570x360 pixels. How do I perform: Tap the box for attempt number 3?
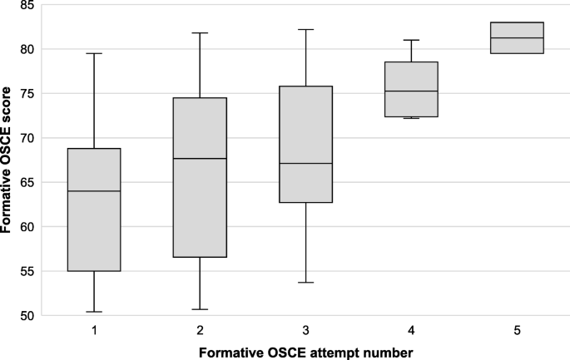click(x=305, y=144)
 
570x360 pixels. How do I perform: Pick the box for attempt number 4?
click(x=411, y=89)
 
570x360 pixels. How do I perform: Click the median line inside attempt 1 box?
click(x=94, y=191)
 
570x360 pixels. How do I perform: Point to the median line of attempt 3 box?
click(x=305, y=164)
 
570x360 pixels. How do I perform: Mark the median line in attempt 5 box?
click(x=517, y=38)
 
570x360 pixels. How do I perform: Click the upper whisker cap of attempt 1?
click(x=94, y=53)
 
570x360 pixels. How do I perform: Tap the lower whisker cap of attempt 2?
click(x=200, y=309)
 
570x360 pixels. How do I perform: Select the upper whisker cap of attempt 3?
click(x=305, y=29)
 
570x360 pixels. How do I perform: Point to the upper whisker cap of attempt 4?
click(x=411, y=40)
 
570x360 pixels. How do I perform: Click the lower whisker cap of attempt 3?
click(x=305, y=283)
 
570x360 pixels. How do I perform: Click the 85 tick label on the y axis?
click(x=27, y=6)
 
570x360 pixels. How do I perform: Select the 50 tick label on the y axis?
click(x=27, y=316)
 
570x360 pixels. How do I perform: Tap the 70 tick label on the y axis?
click(x=27, y=138)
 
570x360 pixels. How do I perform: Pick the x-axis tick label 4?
click(x=411, y=330)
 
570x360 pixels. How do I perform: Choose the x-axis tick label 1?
click(x=94, y=330)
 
